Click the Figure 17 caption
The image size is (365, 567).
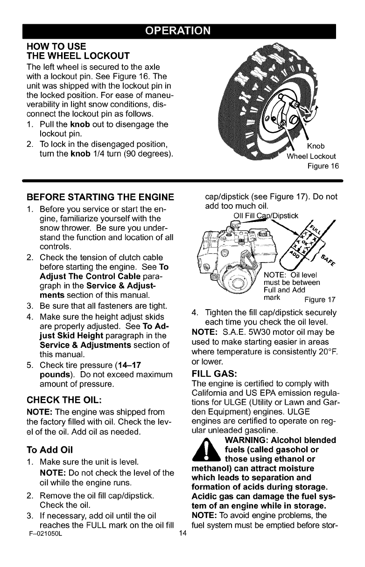tap(320, 300)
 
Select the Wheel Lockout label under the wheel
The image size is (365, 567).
tap(311, 156)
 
